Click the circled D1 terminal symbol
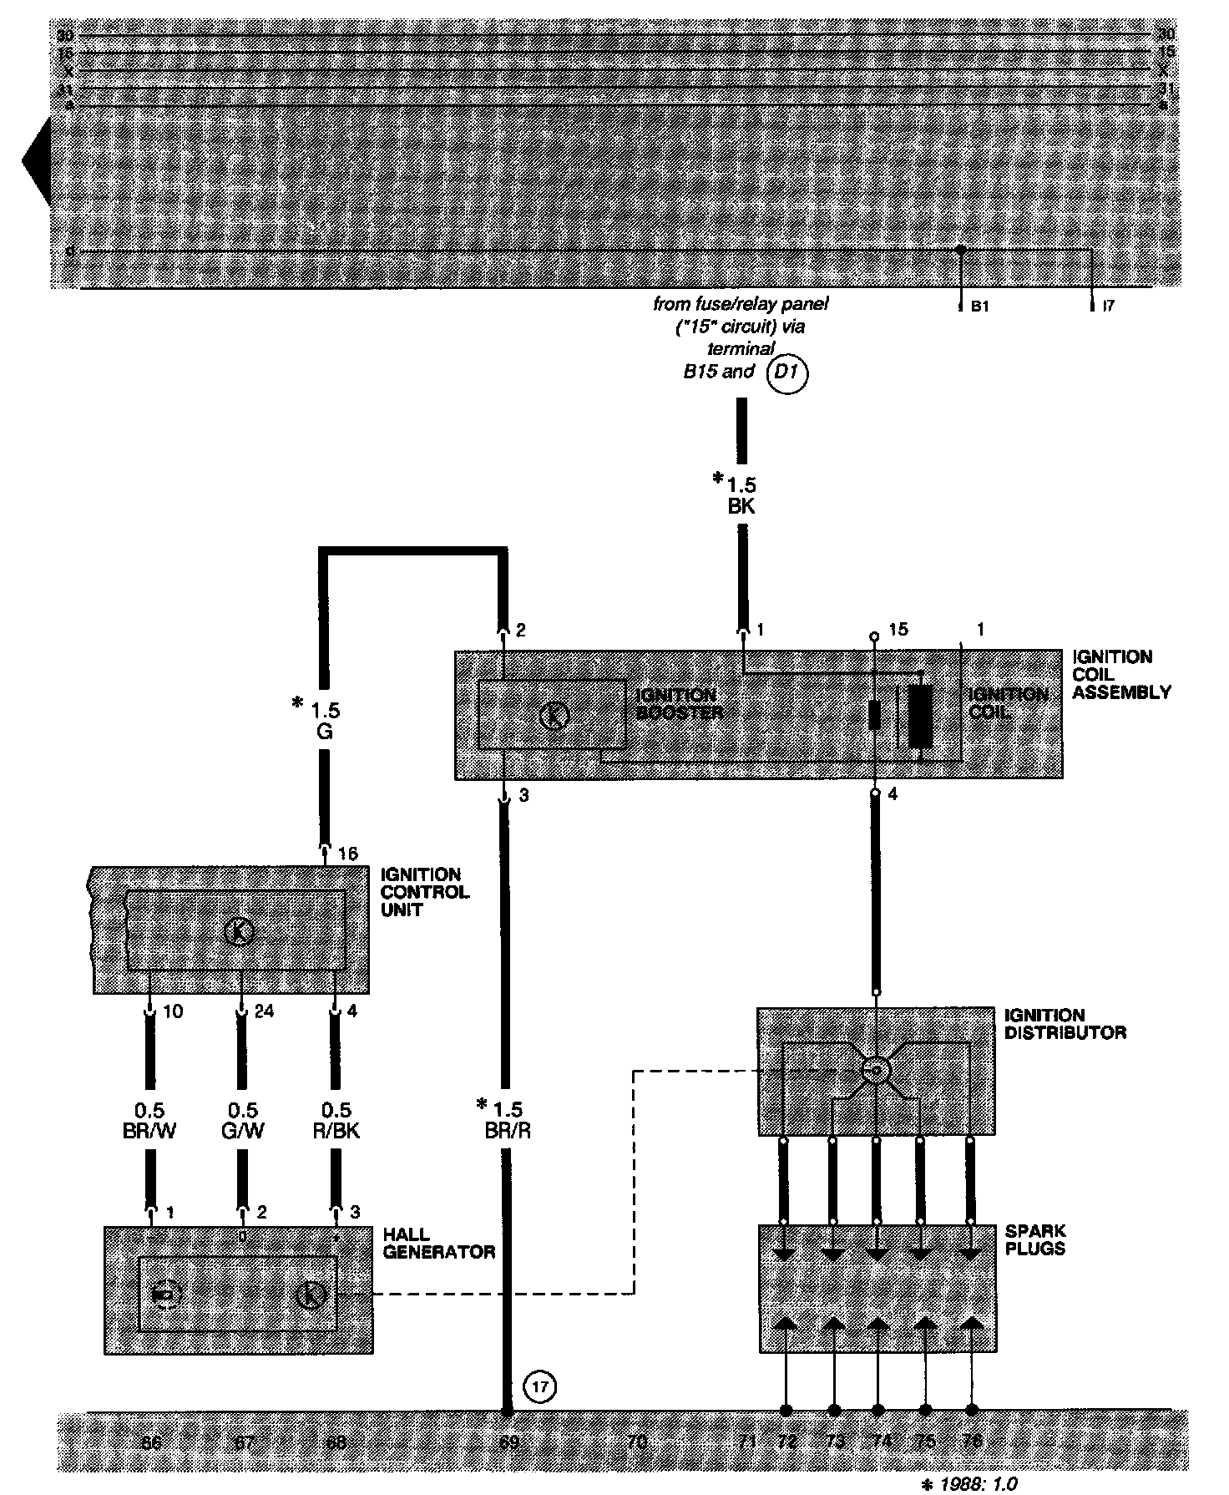[787, 373]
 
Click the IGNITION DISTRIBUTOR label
[1065, 1024]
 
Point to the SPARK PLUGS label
[1035, 1240]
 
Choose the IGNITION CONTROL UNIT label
[424, 892]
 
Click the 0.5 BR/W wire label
[150, 1121]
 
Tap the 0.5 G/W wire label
[243, 1121]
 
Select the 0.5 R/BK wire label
[336, 1121]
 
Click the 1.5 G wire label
[324, 721]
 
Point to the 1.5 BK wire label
[740, 495]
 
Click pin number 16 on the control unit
[347, 854]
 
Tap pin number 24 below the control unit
[264, 1012]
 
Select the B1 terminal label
[979, 307]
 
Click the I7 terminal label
[1108, 307]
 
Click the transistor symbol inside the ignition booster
[554, 716]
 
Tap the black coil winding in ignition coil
[919, 716]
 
